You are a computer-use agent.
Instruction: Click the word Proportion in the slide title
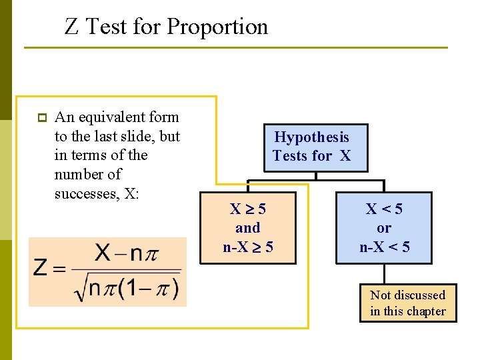click(217, 27)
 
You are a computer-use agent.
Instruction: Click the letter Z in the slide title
click(71, 27)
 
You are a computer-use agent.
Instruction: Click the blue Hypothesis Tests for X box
click(311, 147)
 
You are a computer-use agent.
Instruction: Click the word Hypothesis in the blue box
click(311, 137)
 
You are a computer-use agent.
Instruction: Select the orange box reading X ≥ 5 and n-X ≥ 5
click(247, 228)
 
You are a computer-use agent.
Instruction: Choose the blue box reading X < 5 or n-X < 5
click(384, 228)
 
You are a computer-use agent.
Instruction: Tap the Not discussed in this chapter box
click(407, 303)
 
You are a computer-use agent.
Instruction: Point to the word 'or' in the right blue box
click(384, 228)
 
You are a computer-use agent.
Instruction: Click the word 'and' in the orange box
click(247, 228)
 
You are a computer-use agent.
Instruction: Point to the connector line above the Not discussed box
click(385, 273)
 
